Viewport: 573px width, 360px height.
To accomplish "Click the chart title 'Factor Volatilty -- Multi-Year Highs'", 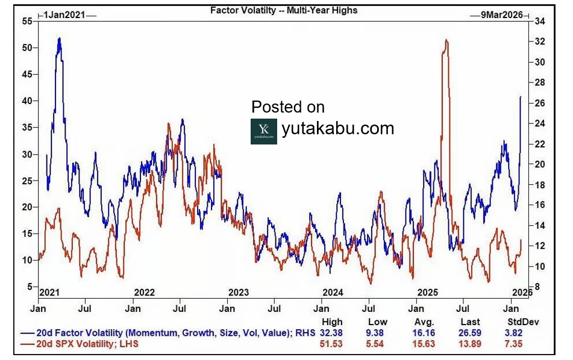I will pyautogui.click(x=283, y=10).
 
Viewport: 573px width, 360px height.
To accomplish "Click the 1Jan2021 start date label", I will pyautogui.click(x=67, y=14).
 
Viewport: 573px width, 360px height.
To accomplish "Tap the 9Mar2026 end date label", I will pyautogui.click(x=502, y=14).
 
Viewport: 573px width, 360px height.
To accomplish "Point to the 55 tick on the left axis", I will pyautogui.click(x=27, y=21).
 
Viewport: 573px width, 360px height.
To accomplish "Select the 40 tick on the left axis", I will pyautogui.click(x=27, y=101).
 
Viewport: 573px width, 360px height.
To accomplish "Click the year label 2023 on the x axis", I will pyautogui.click(x=239, y=293).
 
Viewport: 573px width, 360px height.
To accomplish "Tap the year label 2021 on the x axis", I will pyautogui.click(x=49, y=293).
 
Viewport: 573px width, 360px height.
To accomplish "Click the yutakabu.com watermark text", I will pyautogui.click(x=337, y=128).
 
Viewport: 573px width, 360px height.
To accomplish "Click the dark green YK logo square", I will pyautogui.click(x=263, y=131).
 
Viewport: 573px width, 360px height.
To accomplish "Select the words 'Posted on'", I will pyautogui.click(x=288, y=107).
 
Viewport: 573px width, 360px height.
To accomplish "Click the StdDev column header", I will pyautogui.click(x=522, y=322).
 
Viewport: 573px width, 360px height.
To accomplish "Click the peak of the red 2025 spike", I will pyautogui.click(x=446, y=40).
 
